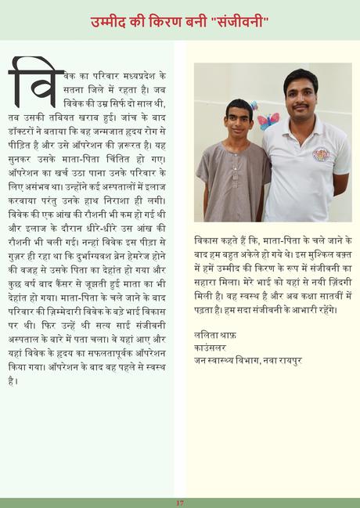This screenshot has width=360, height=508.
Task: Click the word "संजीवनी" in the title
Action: click(x=239, y=21)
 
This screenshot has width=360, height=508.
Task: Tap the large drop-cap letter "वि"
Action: click(x=35, y=81)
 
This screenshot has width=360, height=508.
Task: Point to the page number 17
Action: click(x=179, y=503)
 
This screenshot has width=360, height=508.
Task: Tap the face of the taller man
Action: click(x=301, y=92)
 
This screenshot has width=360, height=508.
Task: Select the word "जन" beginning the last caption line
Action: click(x=200, y=361)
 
